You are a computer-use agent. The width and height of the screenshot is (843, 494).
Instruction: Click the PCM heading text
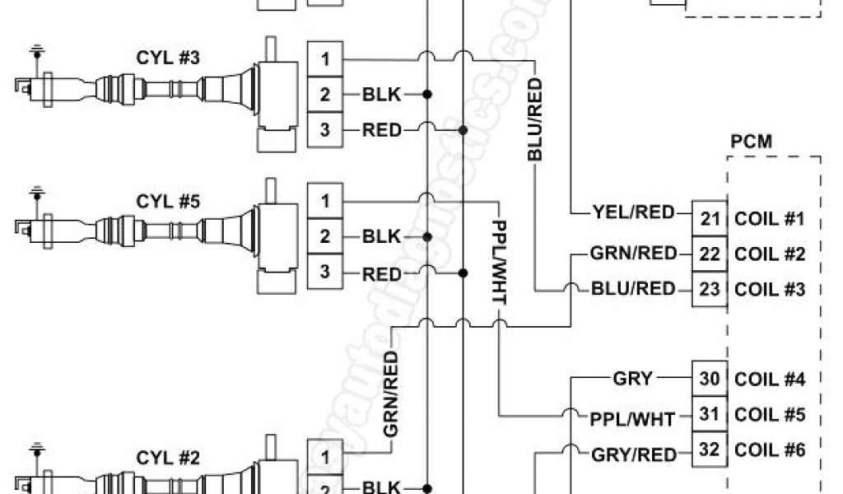coord(751,141)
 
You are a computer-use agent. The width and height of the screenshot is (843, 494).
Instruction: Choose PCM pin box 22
coord(709,254)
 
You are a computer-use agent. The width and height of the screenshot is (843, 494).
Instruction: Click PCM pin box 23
coord(709,289)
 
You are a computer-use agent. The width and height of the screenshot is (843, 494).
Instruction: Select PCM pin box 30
coord(709,379)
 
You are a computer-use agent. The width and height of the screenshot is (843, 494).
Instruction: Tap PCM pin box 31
coord(709,414)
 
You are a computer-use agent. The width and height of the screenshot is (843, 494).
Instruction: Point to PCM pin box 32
coord(709,450)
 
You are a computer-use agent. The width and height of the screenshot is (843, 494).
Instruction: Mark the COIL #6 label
coord(769,450)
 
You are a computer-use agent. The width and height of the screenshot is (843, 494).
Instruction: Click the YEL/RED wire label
coord(632,213)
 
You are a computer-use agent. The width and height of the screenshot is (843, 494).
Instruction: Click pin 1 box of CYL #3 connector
coord(325,59)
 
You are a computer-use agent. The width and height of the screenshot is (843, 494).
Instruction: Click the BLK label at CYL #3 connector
coord(381,95)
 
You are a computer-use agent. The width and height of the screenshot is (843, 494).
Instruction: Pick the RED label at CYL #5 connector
coord(381,273)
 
